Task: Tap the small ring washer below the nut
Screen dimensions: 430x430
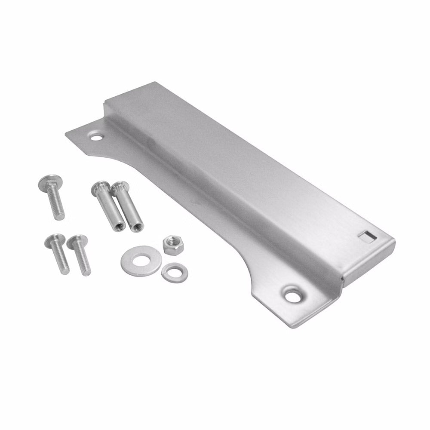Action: [175, 273]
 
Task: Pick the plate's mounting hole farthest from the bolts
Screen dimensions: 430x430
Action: [292, 295]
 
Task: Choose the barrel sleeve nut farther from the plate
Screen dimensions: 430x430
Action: [108, 206]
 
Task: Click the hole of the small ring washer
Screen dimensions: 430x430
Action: [175, 272]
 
